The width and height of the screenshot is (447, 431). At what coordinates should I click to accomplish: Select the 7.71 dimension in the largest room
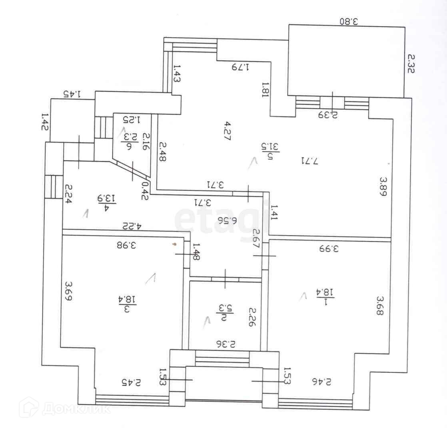[x=310, y=161]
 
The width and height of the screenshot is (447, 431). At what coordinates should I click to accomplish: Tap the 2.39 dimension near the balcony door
[x=329, y=115]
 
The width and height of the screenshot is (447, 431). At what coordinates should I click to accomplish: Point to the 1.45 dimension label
[x=72, y=94]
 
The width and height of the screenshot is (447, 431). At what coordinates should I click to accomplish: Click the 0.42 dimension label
[x=145, y=190]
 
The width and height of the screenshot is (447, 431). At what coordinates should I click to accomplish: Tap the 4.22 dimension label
[x=132, y=226]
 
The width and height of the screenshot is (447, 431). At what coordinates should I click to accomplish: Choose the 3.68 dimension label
[x=379, y=305]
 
